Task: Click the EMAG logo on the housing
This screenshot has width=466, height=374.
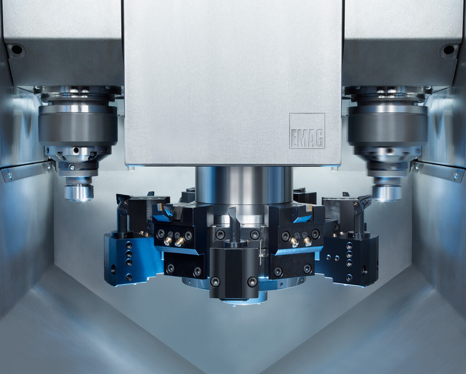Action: (307, 131)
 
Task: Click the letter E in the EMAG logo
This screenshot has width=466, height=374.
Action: (294, 138)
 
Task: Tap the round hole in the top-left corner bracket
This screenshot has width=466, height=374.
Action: (17, 49)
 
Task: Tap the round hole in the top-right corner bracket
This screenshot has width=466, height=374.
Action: (448, 49)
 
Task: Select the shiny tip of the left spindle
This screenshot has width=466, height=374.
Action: (79, 192)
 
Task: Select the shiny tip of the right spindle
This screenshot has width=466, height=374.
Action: (387, 193)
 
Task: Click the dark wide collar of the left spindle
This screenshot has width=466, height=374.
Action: (78, 126)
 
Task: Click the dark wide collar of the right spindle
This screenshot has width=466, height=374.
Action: (388, 126)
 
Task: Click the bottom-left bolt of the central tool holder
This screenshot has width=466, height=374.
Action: (215, 281)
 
